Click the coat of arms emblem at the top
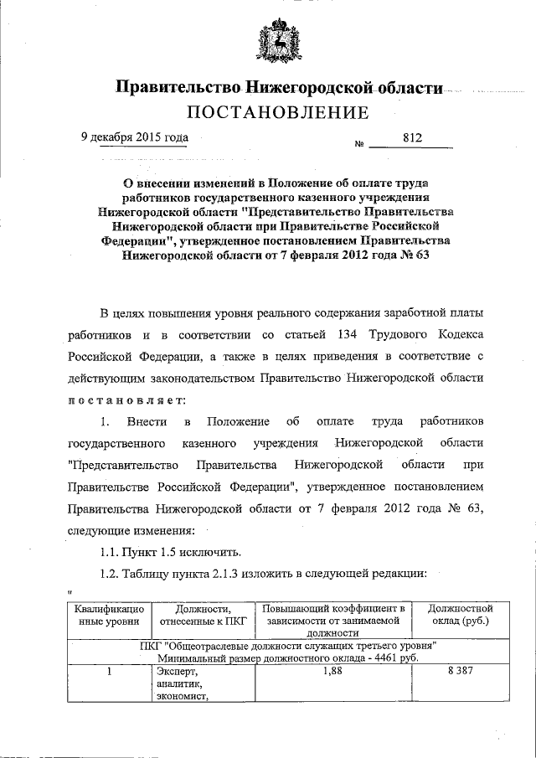(x=276, y=43)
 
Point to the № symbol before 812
(x=337, y=143)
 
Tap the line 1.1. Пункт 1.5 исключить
(x=171, y=551)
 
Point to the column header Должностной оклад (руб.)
(x=460, y=616)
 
